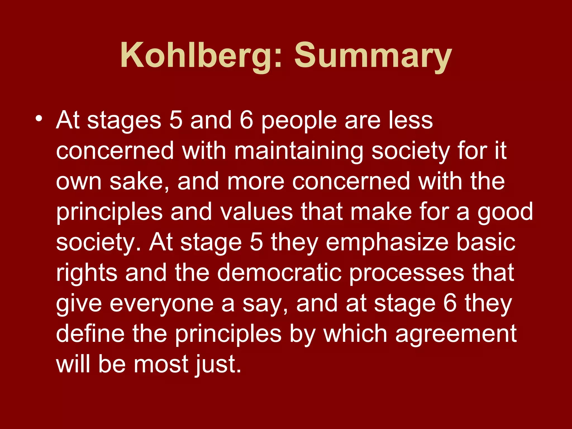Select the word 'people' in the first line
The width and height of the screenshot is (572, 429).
pyautogui.click(x=299, y=121)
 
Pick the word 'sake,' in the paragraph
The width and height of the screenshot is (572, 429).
pyautogui.click(x=139, y=182)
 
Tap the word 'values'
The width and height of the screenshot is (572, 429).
pyautogui.click(x=256, y=212)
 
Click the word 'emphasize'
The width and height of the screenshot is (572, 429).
pyautogui.click(x=387, y=242)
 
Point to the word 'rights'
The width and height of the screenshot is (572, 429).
pyautogui.click(x=87, y=273)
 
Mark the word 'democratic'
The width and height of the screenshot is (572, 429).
pyautogui.click(x=279, y=273)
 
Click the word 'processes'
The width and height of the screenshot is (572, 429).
pyautogui.click(x=407, y=273)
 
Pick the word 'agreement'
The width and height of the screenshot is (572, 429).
pyautogui.click(x=456, y=334)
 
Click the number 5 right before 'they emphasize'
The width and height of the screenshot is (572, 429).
pyautogui.click(x=256, y=242)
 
